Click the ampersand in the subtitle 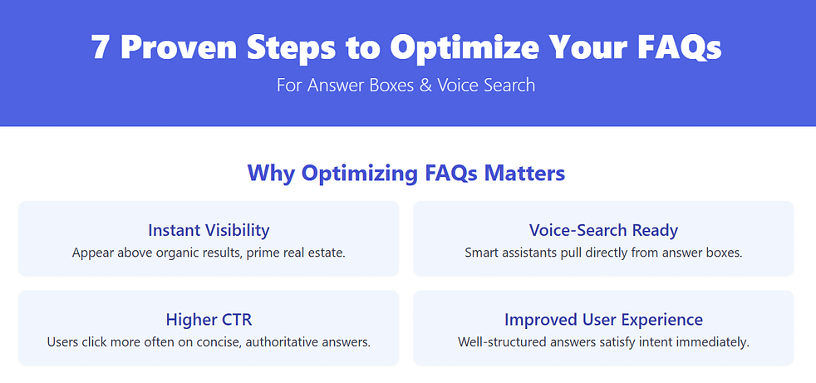425,85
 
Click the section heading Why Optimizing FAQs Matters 406,174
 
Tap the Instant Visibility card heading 209,230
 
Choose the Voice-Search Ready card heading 603,230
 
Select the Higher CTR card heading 209,319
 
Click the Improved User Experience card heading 603,319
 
